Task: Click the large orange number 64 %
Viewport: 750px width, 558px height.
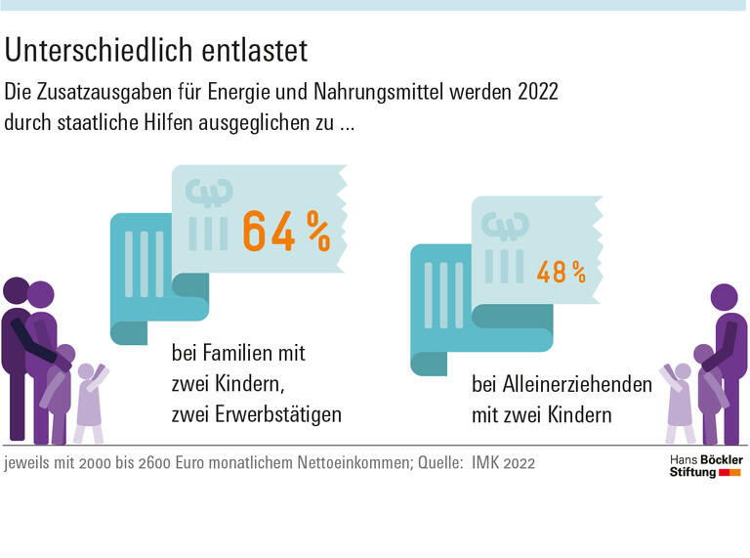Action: (285, 232)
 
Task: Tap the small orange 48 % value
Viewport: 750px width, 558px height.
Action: (561, 273)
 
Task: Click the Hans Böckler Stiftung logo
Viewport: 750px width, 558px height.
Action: (704, 465)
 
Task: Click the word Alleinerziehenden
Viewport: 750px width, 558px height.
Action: (562, 384)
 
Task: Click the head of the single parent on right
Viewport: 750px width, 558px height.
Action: (724, 298)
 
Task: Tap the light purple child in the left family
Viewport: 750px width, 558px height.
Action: (89, 401)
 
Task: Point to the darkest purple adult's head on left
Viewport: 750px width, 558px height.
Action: (17, 291)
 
